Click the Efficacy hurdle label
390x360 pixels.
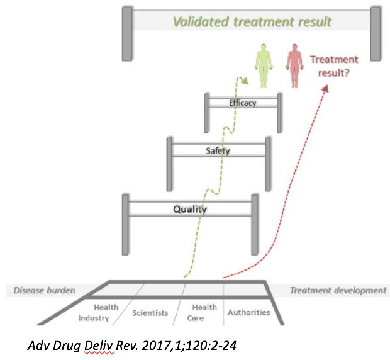click(243, 103)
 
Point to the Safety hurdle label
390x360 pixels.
click(218, 150)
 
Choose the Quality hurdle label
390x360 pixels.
click(190, 209)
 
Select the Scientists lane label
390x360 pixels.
click(149, 312)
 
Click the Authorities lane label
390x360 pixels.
click(249, 312)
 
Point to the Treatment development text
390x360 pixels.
click(338, 291)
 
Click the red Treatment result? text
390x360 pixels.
click(334, 65)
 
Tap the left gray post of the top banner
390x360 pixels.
click(126, 33)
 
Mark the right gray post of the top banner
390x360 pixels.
click(376, 33)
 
